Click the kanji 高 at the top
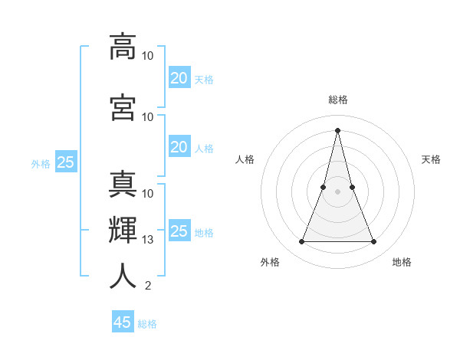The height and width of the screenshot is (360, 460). [123, 46]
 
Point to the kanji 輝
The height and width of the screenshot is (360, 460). [123, 230]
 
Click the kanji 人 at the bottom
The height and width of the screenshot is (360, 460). [123, 276]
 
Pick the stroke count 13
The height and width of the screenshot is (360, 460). [149, 240]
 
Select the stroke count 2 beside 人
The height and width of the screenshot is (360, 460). [147, 286]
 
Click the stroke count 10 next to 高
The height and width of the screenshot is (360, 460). [148, 56]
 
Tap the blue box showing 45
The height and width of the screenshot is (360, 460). [122, 322]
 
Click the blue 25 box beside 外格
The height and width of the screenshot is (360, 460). [65, 162]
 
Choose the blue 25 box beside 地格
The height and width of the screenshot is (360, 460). [179, 231]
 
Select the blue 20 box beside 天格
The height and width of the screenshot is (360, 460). [179, 78]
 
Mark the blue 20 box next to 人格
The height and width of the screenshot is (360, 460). [179, 147]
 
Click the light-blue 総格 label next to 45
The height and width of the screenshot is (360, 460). [147, 324]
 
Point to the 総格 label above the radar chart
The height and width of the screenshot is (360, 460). [337, 100]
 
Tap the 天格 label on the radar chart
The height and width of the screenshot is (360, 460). [431, 159]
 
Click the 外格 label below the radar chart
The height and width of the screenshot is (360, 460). [270, 262]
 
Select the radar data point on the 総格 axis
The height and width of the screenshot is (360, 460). [337, 130]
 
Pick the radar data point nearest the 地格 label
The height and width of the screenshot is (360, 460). [373, 242]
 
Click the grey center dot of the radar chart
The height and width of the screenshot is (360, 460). [337, 191]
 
